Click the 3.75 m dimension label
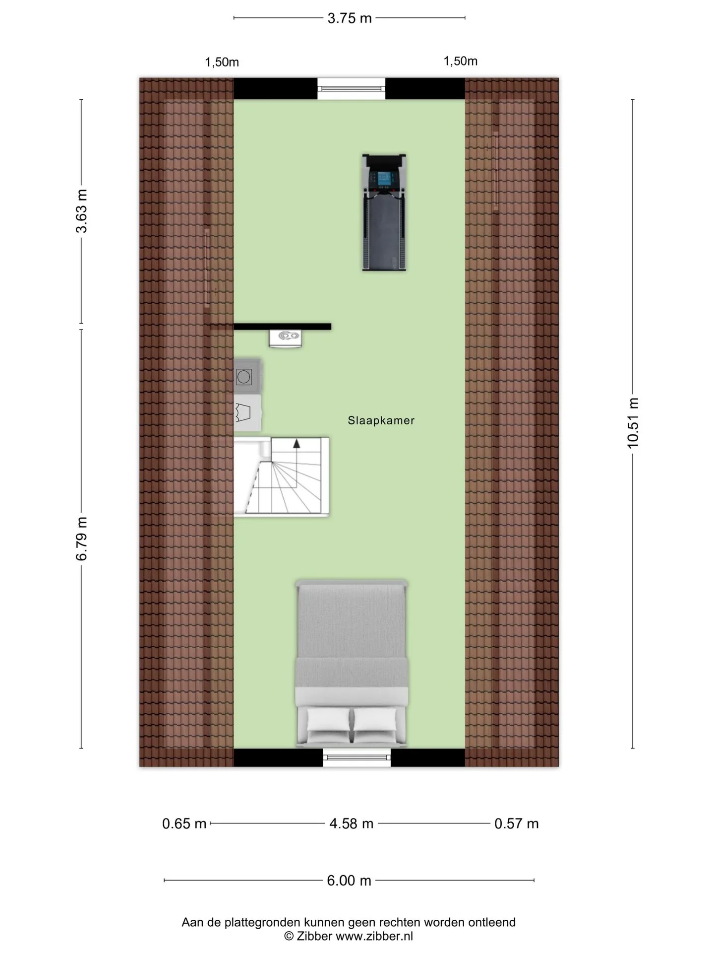click(350, 18)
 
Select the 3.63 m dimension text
click(81, 211)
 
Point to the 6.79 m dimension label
click(81, 539)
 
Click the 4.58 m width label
click(352, 824)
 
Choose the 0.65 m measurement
click(184, 824)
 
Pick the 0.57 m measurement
click(517, 824)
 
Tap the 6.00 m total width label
click(349, 881)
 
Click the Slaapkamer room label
click(381, 420)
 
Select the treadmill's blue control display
click(384, 177)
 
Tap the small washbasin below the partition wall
click(286, 338)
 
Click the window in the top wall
click(352, 89)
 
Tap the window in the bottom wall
click(357, 757)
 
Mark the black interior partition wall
click(282, 327)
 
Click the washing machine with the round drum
click(246, 377)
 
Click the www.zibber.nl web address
click(374, 937)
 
